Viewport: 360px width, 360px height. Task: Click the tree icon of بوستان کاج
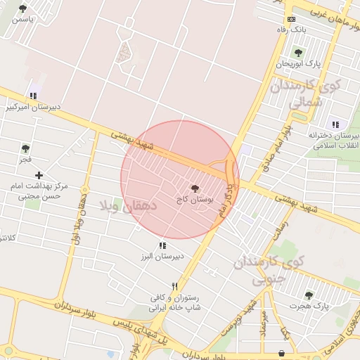click(x=195, y=188)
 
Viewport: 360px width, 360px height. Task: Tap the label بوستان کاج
click(x=195, y=200)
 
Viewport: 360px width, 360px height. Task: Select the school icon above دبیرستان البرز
click(x=163, y=245)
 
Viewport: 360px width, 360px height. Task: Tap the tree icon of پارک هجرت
click(x=309, y=295)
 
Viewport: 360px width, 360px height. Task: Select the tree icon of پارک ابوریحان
click(x=298, y=53)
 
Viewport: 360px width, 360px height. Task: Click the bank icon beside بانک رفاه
click(x=292, y=19)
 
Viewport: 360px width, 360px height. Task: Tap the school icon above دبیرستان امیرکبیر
click(x=33, y=96)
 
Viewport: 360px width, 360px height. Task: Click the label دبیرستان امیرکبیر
click(x=34, y=107)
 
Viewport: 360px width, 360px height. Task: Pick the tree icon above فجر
click(x=26, y=148)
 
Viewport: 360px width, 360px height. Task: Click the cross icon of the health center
click(x=39, y=174)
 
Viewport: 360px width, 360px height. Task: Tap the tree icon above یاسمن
click(x=23, y=8)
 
